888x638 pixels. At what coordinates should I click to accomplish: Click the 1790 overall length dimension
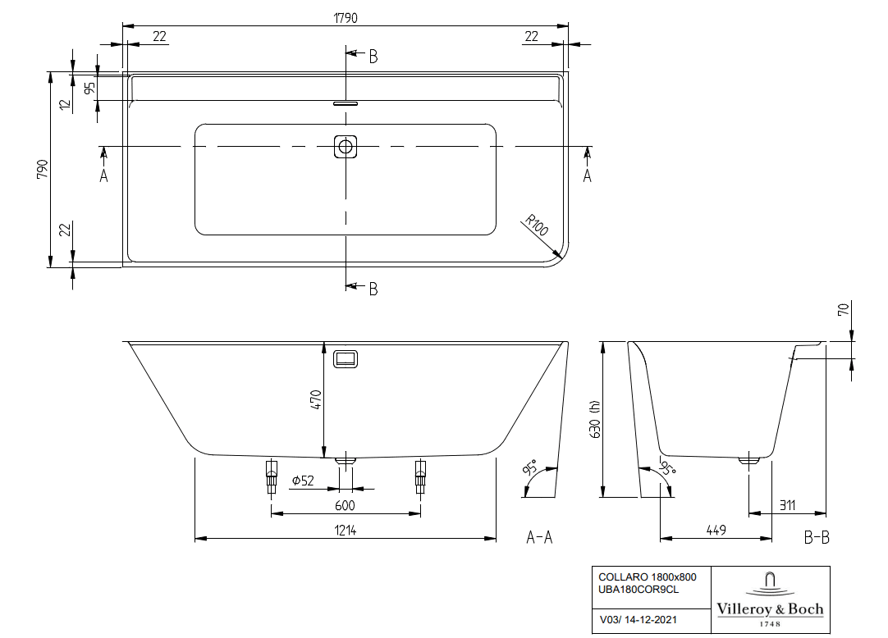346,18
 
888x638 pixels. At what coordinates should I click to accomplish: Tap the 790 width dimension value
43,169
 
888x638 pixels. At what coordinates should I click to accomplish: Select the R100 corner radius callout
536,225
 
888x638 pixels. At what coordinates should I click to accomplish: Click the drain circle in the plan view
346,147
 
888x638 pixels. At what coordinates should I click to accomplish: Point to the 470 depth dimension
316,399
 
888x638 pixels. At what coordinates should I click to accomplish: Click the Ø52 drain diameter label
303,481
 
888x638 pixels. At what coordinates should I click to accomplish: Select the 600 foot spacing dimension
345,505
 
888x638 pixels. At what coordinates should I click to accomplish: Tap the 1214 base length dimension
346,530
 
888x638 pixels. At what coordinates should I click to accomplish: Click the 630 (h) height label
594,419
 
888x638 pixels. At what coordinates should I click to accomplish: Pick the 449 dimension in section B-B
716,530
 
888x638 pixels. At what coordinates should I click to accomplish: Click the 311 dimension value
787,504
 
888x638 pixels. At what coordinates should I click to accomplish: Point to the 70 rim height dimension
843,310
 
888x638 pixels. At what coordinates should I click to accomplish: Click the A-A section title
539,536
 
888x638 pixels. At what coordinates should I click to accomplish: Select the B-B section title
817,536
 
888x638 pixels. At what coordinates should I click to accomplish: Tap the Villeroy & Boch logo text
770,609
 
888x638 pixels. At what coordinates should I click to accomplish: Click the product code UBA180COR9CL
639,590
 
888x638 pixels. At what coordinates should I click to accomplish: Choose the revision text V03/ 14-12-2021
639,619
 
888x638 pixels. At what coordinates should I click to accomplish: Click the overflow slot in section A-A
346,359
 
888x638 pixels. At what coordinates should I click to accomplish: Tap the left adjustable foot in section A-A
272,476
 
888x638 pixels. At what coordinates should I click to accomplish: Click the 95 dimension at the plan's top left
89,89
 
